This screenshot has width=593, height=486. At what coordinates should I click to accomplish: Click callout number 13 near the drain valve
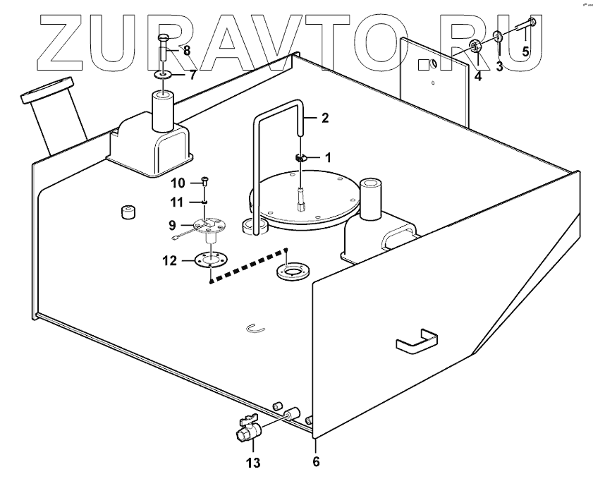(253, 463)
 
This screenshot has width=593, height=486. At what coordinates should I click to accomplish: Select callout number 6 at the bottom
(316, 462)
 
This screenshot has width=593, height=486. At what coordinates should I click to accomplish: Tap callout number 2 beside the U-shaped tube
(324, 119)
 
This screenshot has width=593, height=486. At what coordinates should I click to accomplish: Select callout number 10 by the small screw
(178, 183)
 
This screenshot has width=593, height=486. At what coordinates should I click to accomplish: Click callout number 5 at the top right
(525, 51)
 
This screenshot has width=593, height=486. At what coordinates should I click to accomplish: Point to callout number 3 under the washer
(499, 68)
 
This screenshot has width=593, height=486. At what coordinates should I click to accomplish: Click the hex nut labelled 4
(475, 47)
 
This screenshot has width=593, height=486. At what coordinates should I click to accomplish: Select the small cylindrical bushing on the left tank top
(128, 213)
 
